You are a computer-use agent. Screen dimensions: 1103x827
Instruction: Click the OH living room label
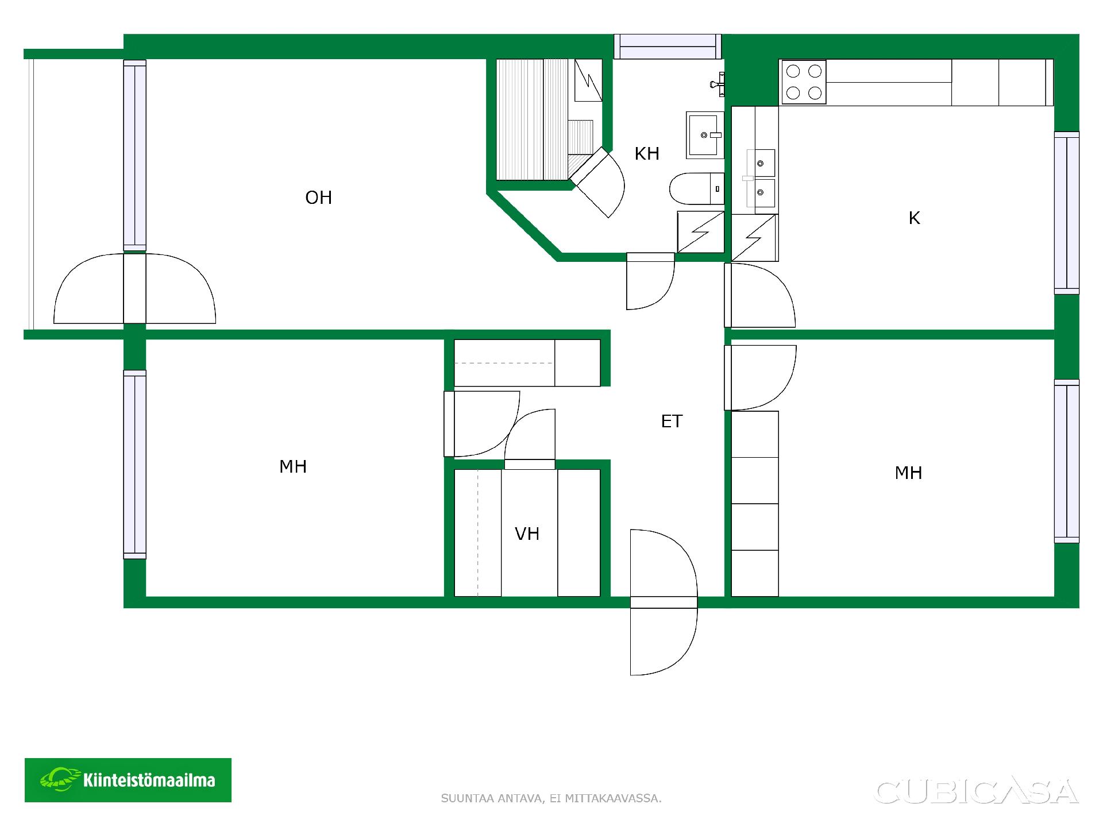318,198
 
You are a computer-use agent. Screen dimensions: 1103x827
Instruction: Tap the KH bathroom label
647,153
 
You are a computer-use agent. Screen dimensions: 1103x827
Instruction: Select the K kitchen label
915,218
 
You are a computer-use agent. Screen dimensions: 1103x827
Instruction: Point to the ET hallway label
672,422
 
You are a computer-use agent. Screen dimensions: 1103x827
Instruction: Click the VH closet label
527,534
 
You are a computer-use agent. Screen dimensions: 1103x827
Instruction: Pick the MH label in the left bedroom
293,466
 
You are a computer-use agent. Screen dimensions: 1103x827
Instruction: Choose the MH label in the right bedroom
909,473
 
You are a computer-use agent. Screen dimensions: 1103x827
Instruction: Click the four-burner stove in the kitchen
803,82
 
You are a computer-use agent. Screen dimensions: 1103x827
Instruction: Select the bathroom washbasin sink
705,135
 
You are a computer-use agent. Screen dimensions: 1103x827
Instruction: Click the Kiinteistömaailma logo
128,780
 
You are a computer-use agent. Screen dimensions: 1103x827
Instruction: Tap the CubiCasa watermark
977,791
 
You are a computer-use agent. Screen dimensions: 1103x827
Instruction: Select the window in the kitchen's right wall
1067,213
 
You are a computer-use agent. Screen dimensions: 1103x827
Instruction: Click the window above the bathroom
667,47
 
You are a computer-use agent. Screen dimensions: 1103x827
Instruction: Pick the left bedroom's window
135,465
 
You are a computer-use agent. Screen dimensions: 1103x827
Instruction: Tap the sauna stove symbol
588,80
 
